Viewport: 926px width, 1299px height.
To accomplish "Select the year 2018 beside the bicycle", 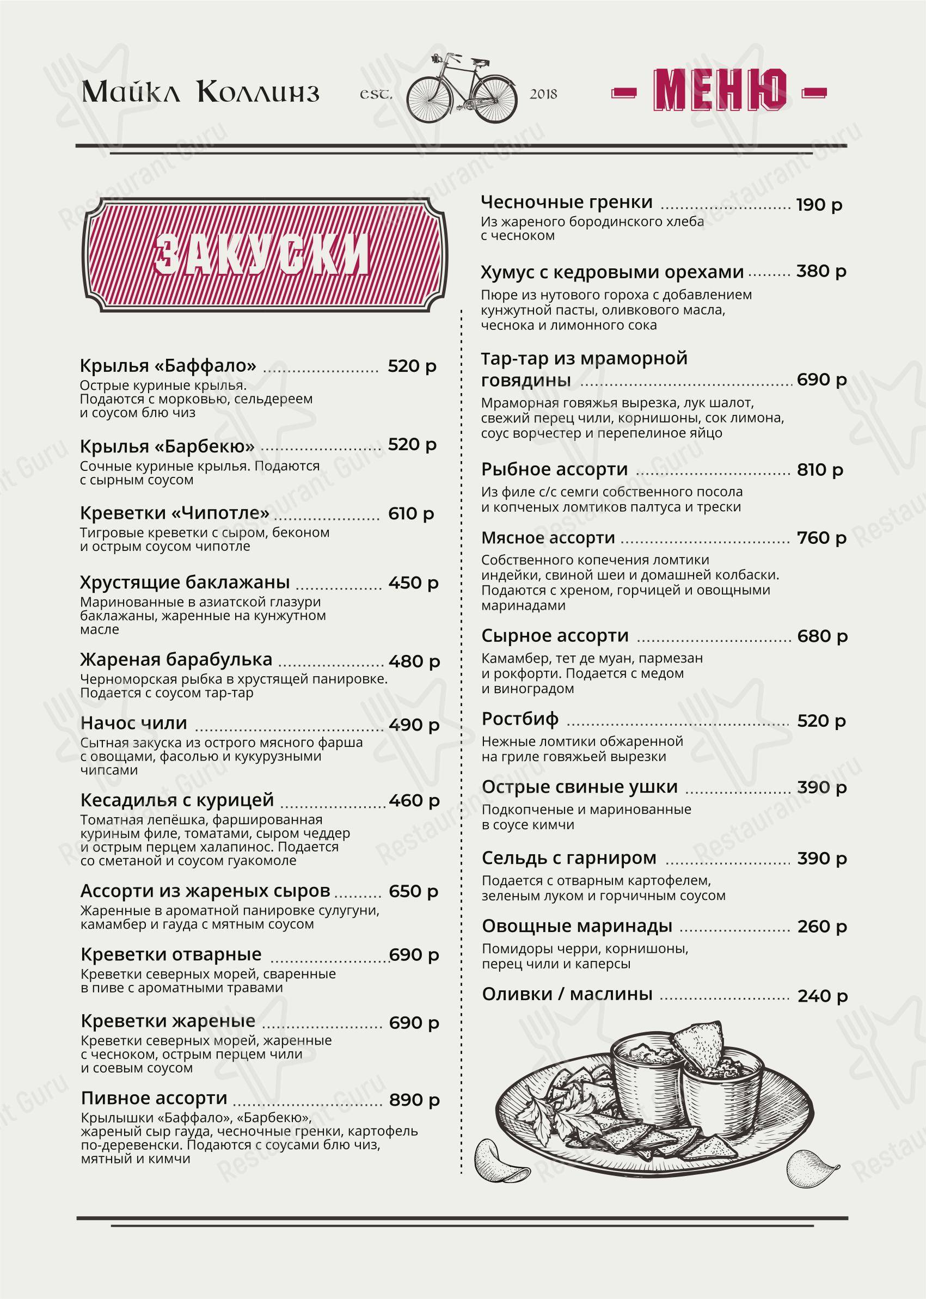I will click(x=543, y=94).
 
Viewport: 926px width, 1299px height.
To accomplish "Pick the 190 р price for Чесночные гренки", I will click(x=819, y=205).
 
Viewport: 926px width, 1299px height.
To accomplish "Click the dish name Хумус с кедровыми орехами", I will click(x=612, y=272).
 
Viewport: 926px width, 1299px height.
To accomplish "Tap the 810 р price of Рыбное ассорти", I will click(x=820, y=470).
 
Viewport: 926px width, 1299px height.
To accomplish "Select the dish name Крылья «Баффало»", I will click(x=168, y=365).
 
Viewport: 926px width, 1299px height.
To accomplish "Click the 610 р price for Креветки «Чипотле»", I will click(x=411, y=514).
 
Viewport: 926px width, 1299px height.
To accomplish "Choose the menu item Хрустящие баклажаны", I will click(x=185, y=582).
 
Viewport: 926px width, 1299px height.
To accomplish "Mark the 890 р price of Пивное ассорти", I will click(x=414, y=1100).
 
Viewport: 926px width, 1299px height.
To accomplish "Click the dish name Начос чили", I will click(x=134, y=723).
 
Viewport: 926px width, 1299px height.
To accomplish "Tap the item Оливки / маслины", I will click(x=567, y=994).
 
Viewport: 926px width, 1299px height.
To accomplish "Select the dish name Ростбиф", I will click(x=520, y=719).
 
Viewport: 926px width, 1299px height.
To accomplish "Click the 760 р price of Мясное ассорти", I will click(x=821, y=538).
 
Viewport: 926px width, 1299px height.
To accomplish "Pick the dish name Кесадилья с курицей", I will click(x=177, y=800).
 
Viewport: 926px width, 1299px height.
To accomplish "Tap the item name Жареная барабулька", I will click(x=176, y=659).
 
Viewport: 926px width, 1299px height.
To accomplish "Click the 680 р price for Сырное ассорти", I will click(x=822, y=636).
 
